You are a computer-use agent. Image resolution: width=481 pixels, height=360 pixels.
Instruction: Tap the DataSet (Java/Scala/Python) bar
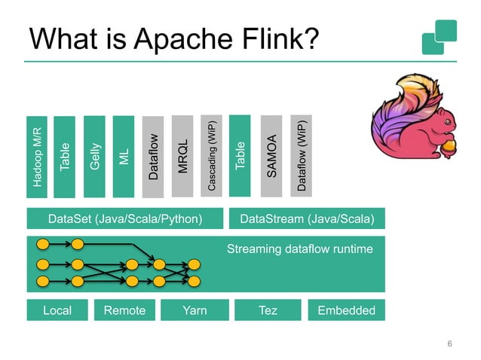pos(125,219)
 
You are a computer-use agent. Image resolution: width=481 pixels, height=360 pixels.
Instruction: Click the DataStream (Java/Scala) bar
pos(306,219)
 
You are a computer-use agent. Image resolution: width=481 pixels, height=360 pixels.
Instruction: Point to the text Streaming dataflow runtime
pos(300,248)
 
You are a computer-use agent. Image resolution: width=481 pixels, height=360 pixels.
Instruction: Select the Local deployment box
pos(57,310)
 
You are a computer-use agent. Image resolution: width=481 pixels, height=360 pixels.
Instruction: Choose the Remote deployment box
pos(124,310)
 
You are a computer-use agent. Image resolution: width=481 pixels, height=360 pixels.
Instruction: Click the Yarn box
pos(194,310)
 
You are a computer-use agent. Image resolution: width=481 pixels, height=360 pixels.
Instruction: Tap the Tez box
pos(267,310)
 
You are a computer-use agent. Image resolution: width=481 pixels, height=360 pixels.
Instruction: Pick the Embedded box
pos(346,310)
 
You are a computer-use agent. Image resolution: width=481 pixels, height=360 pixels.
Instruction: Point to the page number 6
pos(449,344)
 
